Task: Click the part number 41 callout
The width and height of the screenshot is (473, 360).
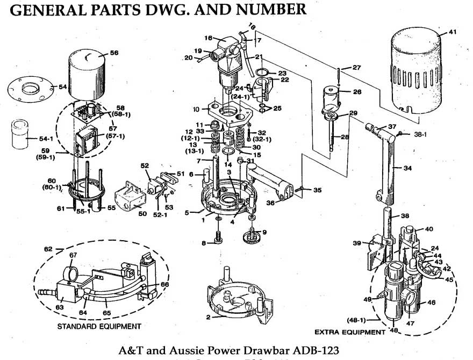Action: click(x=453, y=33)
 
